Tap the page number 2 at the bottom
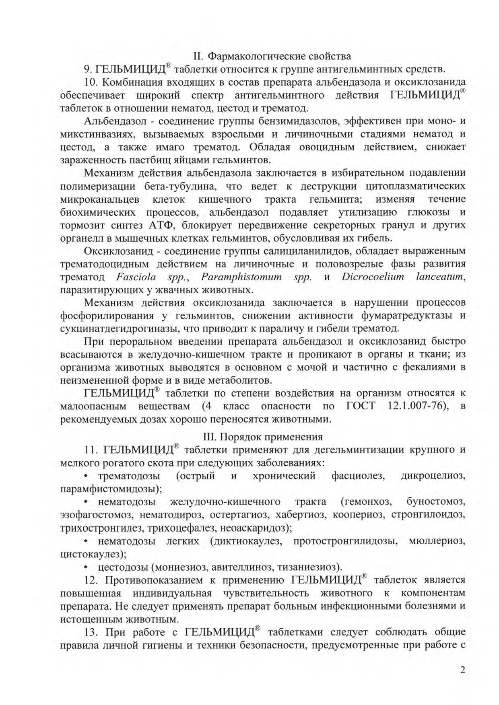[x=462, y=670]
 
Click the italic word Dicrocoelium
[x=373, y=277]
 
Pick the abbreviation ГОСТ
[x=361, y=406]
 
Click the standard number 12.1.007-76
[x=418, y=406]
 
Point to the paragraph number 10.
[x=91, y=82]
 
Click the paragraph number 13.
[x=91, y=632]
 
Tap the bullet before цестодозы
[x=86, y=567]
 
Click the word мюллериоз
[x=437, y=541]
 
